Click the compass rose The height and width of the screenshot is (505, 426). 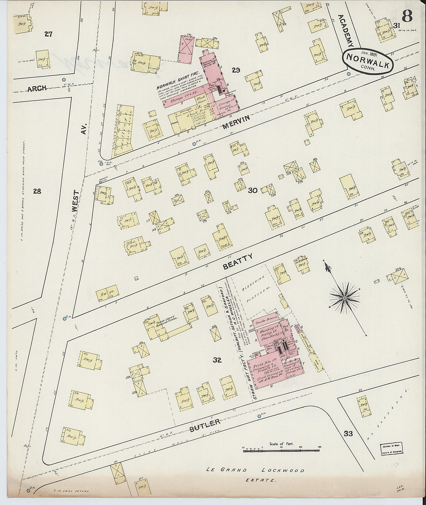coord(344,298)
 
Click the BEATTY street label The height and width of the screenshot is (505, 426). coord(238,262)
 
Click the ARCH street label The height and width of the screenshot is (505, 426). coord(37,88)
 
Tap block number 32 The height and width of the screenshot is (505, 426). coord(217,360)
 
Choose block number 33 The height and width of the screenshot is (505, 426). coord(348,433)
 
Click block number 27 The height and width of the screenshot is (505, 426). coord(48,34)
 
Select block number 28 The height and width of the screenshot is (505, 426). coord(37,190)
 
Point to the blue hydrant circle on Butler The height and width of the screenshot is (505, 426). coord(259,416)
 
